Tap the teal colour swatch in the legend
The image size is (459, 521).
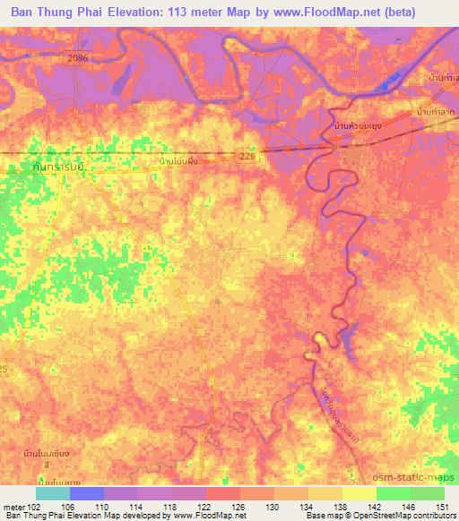[x=52, y=494]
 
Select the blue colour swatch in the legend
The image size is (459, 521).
[x=86, y=494]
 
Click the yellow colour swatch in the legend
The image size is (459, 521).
[x=359, y=494]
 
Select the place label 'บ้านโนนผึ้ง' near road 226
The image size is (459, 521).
[x=178, y=161]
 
